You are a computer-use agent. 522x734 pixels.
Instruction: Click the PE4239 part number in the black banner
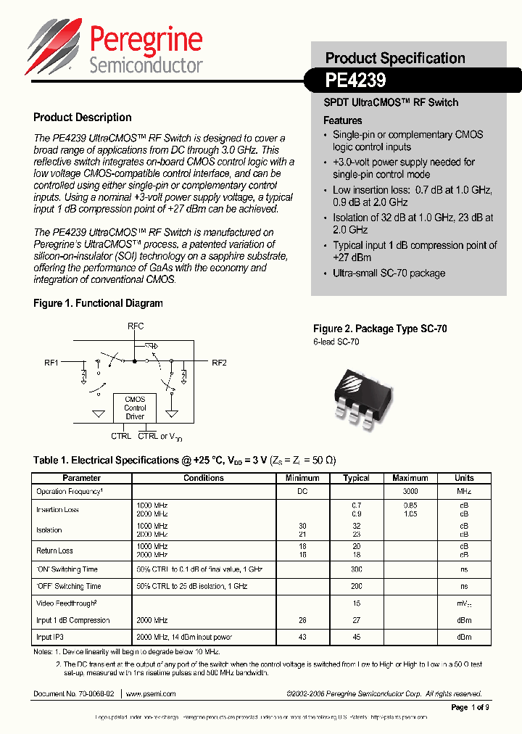(356, 78)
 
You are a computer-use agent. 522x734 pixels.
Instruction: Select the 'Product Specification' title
(395, 58)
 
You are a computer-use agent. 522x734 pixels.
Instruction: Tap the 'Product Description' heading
(83, 117)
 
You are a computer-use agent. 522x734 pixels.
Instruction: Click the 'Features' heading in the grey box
(342, 120)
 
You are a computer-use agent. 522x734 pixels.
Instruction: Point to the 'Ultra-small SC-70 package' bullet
(389, 273)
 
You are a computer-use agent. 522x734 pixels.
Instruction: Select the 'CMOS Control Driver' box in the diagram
(135, 408)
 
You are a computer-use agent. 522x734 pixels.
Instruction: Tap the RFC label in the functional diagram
(136, 326)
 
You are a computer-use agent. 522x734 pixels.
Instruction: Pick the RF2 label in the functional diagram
(219, 362)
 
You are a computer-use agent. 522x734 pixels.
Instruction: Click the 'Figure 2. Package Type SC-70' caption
(380, 329)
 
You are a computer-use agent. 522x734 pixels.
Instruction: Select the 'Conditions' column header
(203, 478)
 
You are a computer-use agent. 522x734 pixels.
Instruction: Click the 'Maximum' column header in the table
(410, 478)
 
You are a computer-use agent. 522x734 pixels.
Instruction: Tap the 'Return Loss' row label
(55, 550)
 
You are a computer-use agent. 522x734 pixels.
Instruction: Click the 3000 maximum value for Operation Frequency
(410, 492)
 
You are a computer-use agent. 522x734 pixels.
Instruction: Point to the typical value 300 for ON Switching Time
(356, 569)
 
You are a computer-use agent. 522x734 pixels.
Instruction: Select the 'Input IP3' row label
(50, 637)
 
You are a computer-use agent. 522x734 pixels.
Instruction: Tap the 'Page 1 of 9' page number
(470, 707)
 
